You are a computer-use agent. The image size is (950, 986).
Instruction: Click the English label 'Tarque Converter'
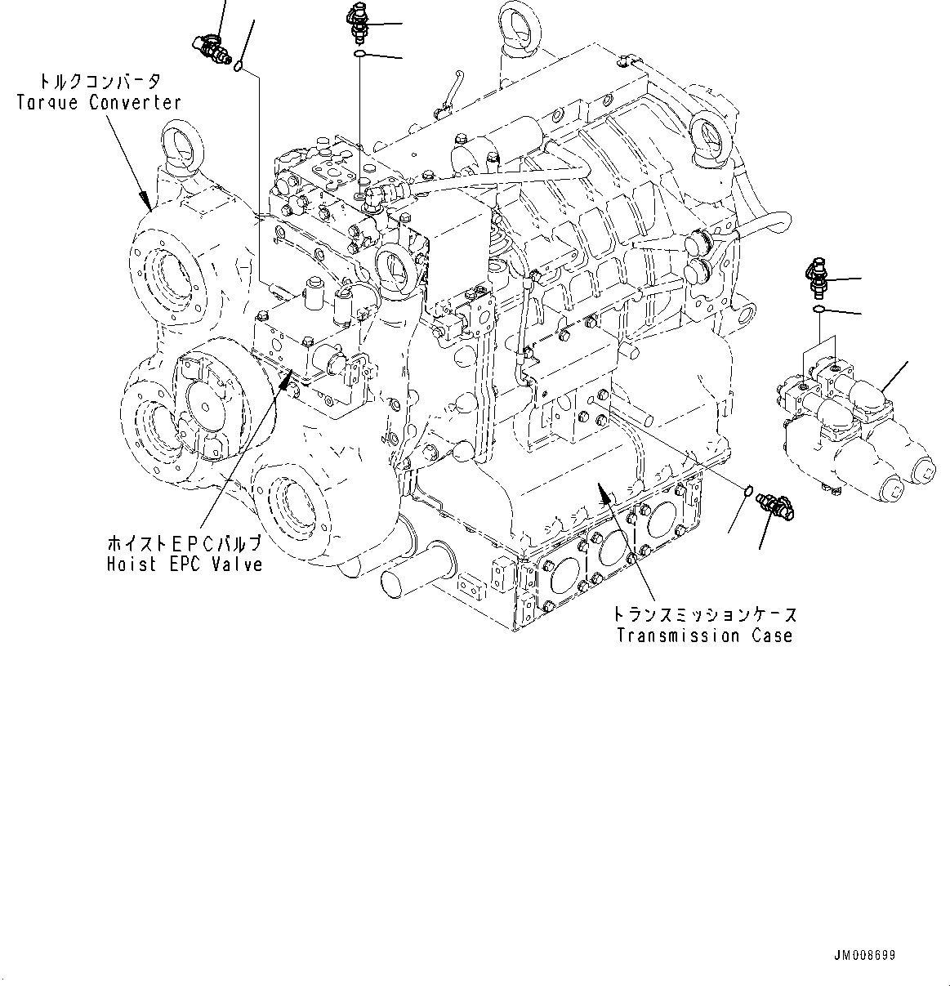pos(99,102)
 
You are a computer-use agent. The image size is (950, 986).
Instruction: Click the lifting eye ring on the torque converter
pos(180,147)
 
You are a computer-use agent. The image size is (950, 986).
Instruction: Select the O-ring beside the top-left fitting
pos(239,65)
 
